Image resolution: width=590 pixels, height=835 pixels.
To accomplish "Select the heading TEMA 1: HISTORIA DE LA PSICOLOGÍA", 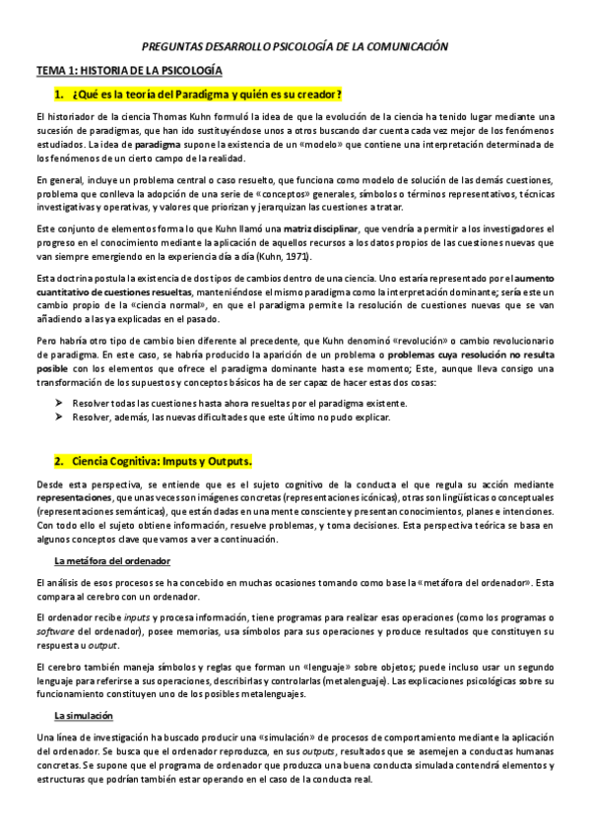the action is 129,72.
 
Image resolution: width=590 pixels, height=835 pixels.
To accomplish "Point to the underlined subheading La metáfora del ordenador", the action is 112,560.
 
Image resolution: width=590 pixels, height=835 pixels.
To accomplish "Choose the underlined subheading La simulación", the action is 84,716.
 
